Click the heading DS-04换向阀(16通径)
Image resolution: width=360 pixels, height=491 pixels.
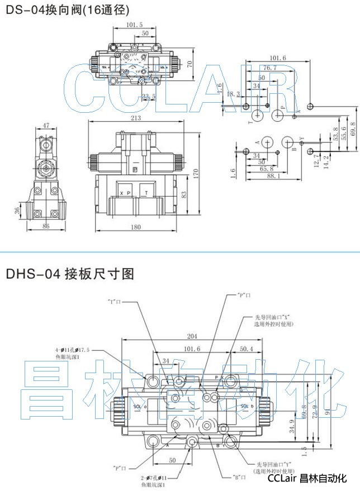coord(67,9)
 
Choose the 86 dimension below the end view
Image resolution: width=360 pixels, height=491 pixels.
coord(46,226)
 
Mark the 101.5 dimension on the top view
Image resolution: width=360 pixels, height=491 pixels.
coord(134,25)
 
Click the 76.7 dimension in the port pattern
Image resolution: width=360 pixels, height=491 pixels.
coord(271,68)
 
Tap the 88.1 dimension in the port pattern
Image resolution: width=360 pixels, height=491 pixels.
coord(273,175)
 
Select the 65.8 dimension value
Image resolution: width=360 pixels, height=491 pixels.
coord(267,168)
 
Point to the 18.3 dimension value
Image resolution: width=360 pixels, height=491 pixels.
coord(233,94)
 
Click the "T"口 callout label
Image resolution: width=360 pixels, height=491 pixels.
coord(114,301)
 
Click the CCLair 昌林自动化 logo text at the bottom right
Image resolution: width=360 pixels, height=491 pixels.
coord(307,479)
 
